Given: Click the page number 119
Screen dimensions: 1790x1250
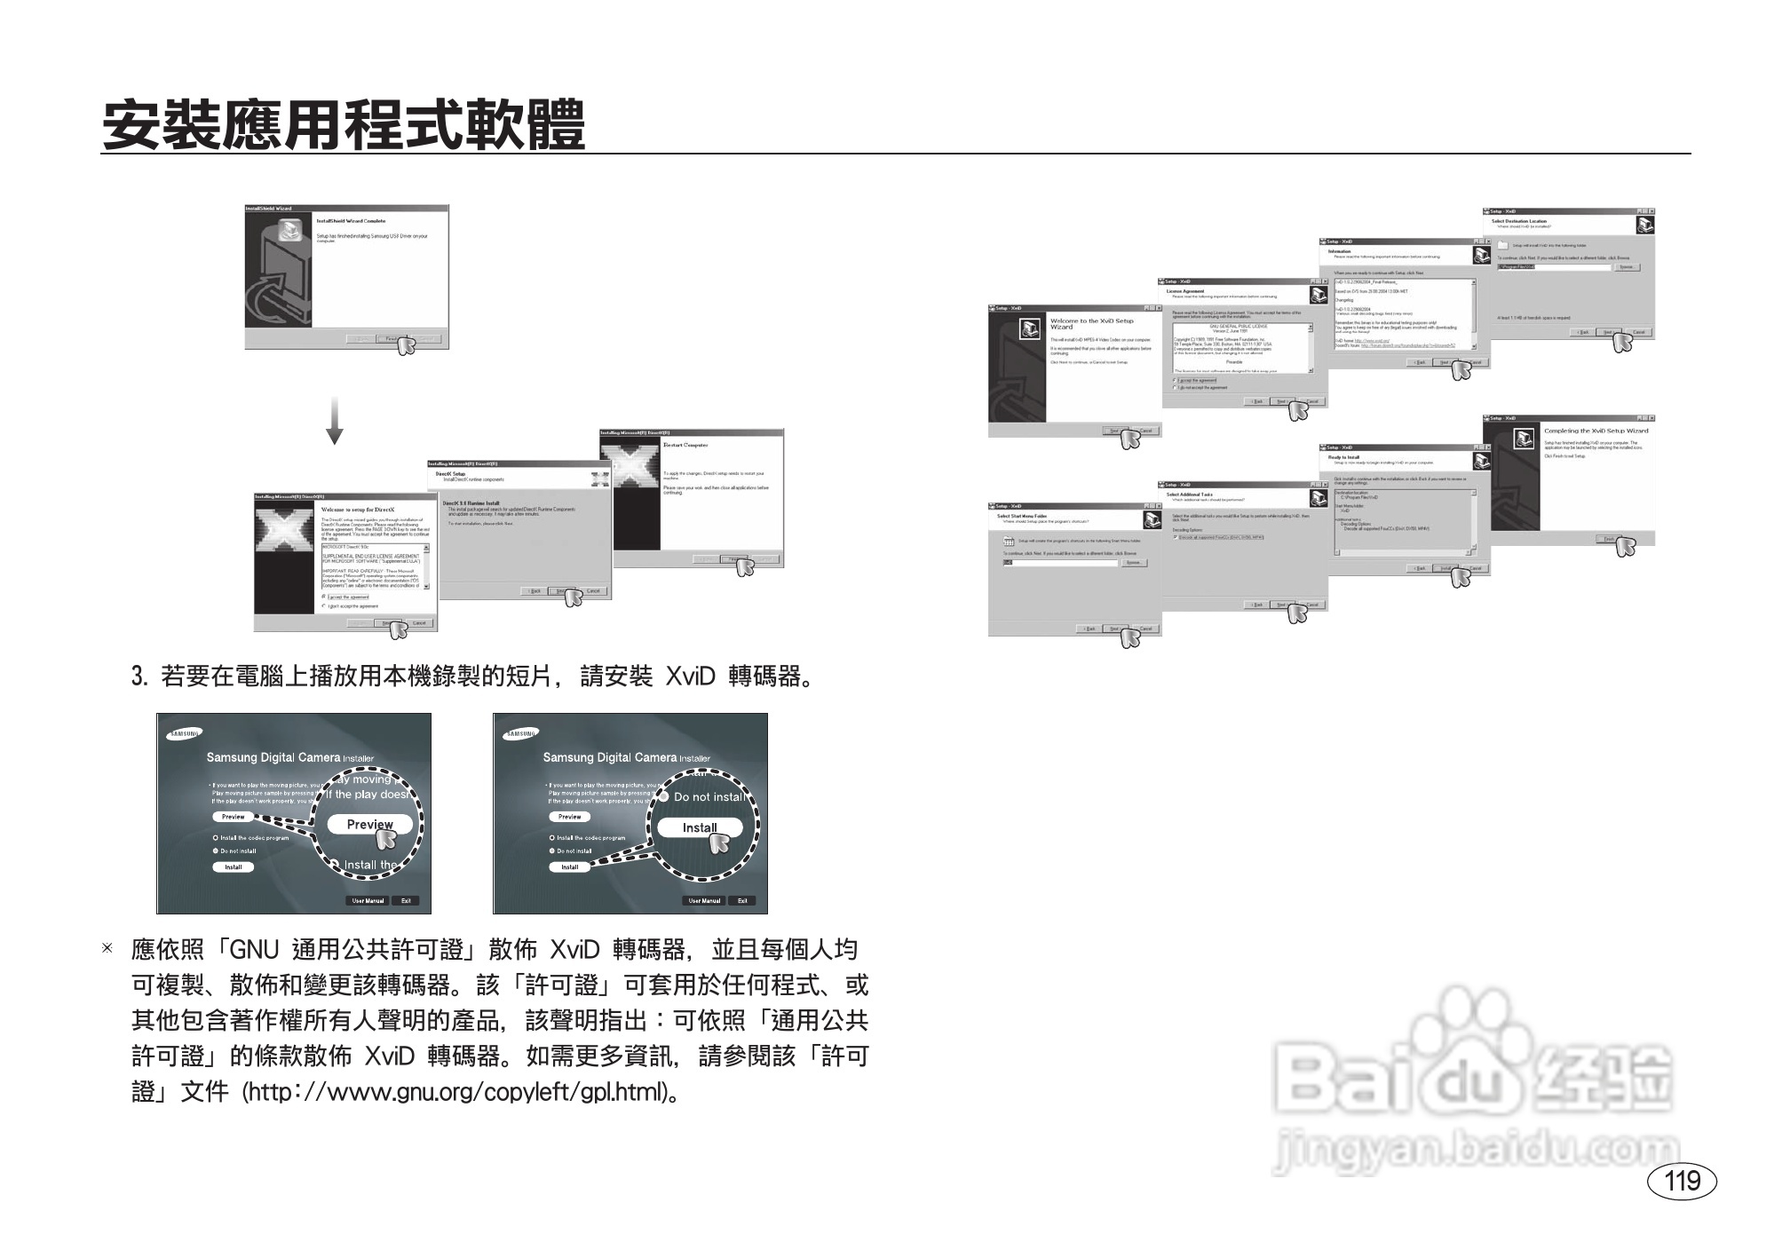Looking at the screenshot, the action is pyautogui.click(x=1682, y=1181).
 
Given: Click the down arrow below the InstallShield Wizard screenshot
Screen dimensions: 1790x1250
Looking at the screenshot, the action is pyautogui.click(x=334, y=421).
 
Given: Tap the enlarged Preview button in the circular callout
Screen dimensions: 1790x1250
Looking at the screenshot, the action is pyautogui.click(x=369, y=824).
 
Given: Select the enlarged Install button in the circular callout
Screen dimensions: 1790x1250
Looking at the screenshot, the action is pyautogui.click(x=700, y=827).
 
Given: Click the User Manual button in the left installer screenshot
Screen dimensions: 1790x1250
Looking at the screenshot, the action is pyautogui.click(x=368, y=900).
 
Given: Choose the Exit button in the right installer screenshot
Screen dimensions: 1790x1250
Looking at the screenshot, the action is pyautogui.click(x=742, y=900).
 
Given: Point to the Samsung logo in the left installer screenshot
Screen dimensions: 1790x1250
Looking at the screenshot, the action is pyautogui.click(x=185, y=733).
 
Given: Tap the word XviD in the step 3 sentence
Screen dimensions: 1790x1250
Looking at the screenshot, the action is pyautogui.click(x=690, y=677).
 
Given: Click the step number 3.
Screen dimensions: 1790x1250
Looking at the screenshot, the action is pyautogui.click(x=139, y=677).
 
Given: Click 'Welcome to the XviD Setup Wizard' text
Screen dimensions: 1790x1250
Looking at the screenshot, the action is pyautogui.click(x=1091, y=323).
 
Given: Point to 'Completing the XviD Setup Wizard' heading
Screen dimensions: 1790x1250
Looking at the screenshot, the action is pyautogui.click(x=1596, y=431).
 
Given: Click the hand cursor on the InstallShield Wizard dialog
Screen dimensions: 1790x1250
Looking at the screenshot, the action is pyautogui.click(x=406, y=345).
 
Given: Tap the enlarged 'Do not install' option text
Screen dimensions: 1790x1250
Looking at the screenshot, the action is pyautogui.click(x=709, y=796).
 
